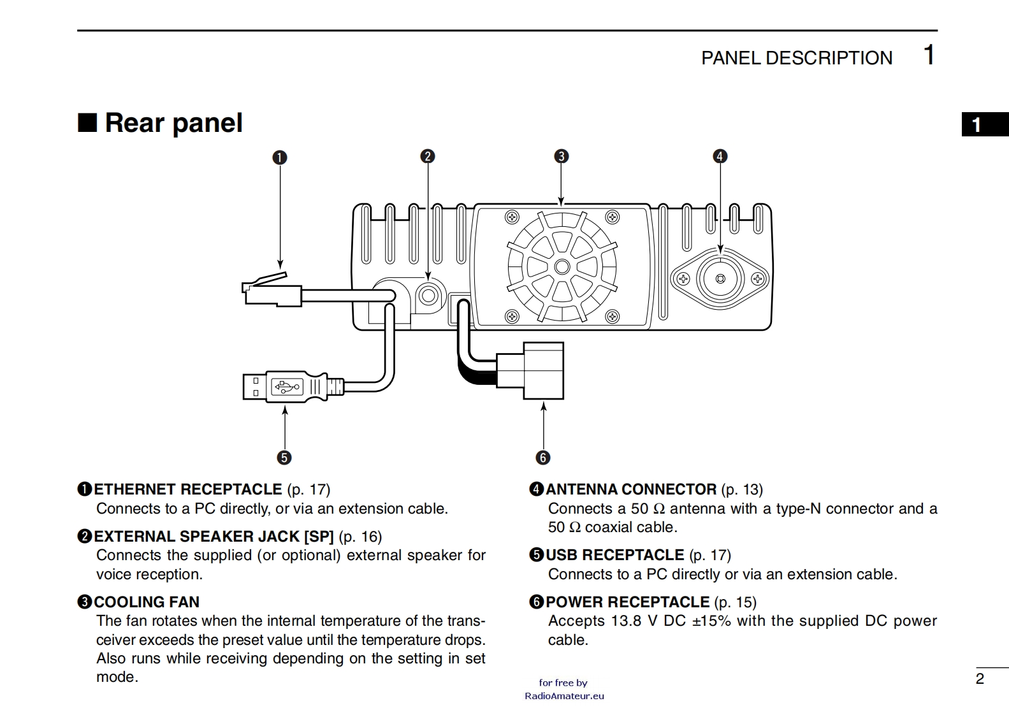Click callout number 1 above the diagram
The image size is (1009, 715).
point(280,157)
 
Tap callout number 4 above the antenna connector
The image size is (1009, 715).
point(720,156)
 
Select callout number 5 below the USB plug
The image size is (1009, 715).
point(284,458)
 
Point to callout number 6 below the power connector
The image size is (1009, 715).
point(543,458)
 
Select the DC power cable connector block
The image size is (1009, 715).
point(530,370)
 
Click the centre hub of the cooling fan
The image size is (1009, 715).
point(562,266)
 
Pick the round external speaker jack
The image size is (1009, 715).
point(428,296)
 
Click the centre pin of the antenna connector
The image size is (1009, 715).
point(720,278)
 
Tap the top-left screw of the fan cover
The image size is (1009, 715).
point(512,217)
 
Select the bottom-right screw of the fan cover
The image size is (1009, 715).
point(612,316)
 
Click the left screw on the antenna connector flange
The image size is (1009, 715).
point(683,279)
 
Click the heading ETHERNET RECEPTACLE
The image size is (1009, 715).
point(188,489)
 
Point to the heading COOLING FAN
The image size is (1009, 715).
point(147,602)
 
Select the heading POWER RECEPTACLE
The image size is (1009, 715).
point(627,602)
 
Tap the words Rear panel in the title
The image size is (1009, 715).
point(174,122)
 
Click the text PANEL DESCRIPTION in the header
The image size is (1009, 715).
point(797,58)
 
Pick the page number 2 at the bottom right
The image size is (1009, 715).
point(980,679)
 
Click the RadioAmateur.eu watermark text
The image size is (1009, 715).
point(564,696)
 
